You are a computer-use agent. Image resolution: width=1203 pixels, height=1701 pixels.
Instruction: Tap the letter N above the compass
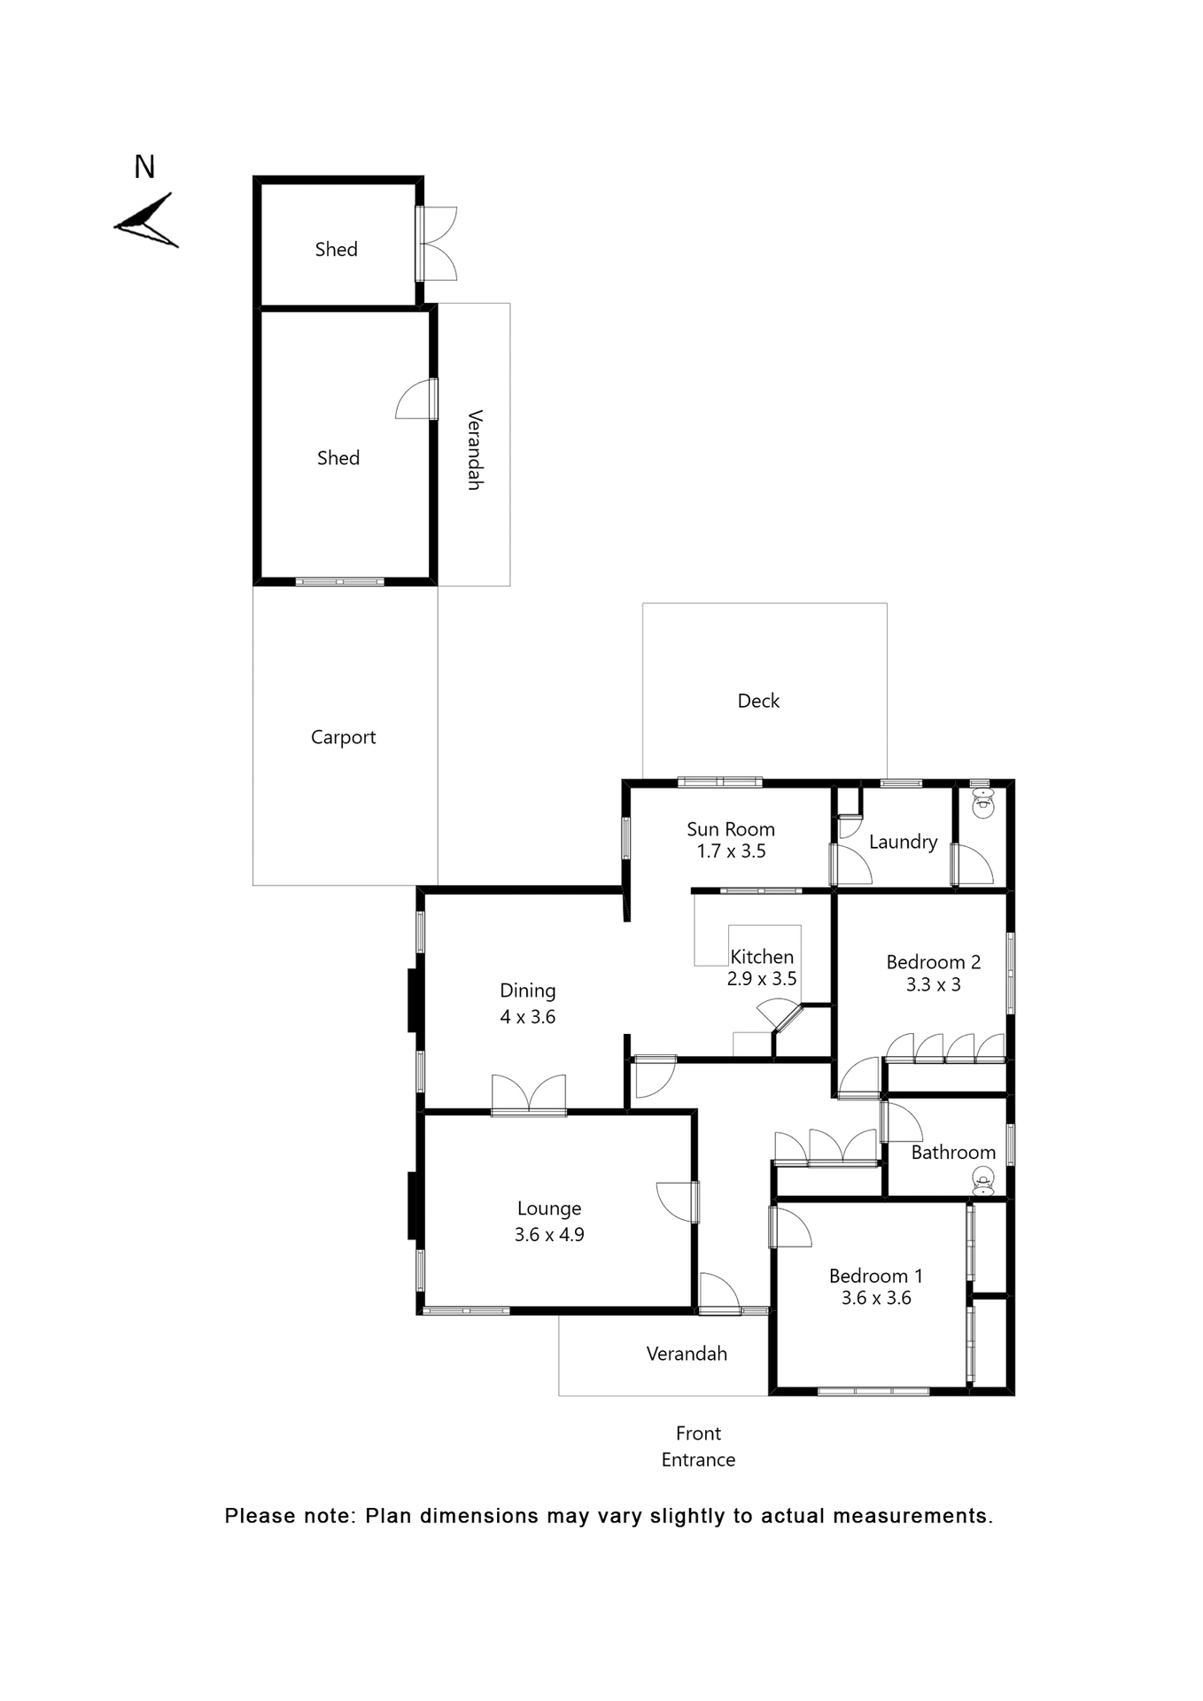pyautogui.click(x=144, y=167)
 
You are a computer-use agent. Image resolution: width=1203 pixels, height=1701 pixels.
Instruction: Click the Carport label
pyautogui.click(x=343, y=737)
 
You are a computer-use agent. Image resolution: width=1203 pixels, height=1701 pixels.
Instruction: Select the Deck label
pyautogui.click(x=758, y=701)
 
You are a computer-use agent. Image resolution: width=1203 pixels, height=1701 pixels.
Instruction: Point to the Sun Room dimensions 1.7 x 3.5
pyautogui.click(x=731, y=851)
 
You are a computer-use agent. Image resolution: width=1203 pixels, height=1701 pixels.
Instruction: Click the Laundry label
pyautogui.click(x=903, y=842)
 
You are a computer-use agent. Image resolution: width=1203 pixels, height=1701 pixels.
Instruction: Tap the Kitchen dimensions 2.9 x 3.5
pyautogui.click(x=762, y=979)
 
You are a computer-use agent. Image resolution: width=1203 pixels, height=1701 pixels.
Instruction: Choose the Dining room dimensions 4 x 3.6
pyautogui.click(x=528, y=1017)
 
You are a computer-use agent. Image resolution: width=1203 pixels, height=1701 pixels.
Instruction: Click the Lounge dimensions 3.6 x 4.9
pyautogui.click(x=549, y=1234)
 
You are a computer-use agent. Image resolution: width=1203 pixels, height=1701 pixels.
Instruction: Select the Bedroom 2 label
pyautogui.click(x=933, y=962)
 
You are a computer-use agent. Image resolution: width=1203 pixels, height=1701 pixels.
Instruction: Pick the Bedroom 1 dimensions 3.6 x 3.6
pyautogui.click(x=876, y=1298)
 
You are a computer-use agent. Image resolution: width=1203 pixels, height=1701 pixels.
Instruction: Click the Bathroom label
pyautogui.click(x=953, y=1152)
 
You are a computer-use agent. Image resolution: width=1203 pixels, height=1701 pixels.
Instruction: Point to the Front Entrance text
pyautogui.click(x=698, y=1446)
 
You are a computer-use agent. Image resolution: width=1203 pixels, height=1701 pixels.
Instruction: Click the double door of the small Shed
pyautogui.click(x=438, y=244)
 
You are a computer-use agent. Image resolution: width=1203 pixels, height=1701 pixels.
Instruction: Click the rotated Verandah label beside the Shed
pyautogui.click(x=475, y=450)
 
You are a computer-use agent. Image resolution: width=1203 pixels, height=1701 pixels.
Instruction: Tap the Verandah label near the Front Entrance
pyautogui.click(x=687, y=1354)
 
